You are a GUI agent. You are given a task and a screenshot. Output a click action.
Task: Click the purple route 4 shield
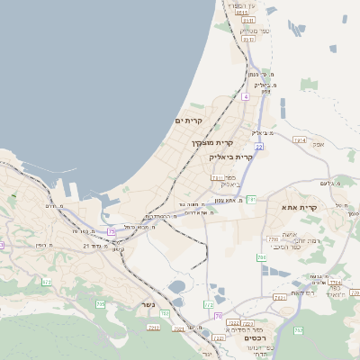pos(245,94)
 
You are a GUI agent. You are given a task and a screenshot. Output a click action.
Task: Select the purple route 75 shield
pos(111,231)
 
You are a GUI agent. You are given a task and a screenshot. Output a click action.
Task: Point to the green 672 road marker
pos(47,282)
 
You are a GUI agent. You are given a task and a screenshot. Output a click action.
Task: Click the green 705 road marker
pos(100,305)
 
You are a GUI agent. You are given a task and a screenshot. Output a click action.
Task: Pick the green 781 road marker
pos(252,198)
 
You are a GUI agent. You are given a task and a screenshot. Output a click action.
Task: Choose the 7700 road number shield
pos(273,239)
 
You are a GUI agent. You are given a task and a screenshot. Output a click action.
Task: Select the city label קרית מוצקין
pos(211,142)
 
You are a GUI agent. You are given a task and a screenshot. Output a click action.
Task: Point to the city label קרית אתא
pos(301,208)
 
